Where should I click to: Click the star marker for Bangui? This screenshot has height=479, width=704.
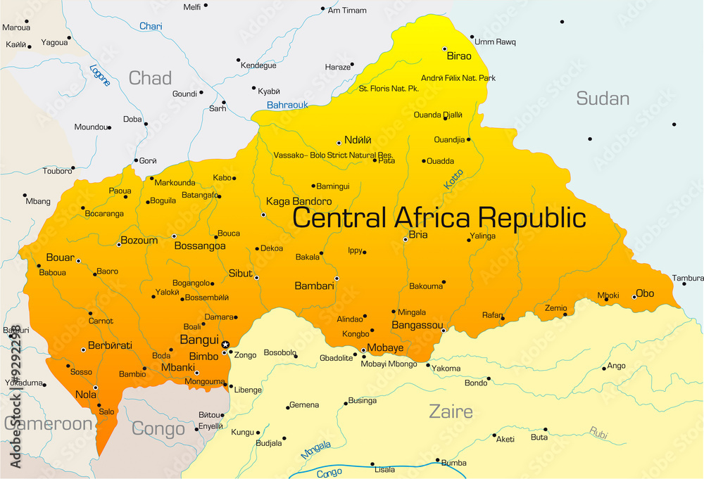(x=225, y=345)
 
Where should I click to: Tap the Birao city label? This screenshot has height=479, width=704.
(x=460, y=56)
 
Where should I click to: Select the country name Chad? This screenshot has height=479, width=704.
(x=150, y=78)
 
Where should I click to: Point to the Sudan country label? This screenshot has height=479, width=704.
(x=603, y=98)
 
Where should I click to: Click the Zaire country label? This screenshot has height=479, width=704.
(x=451, y=411)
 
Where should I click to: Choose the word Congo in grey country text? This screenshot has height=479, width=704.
(x=158, y=428)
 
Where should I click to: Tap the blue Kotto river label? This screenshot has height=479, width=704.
(x=453, y=179)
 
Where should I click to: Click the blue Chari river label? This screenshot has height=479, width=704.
(x=151, y=26)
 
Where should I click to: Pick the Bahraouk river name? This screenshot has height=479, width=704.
(x=287, y=105)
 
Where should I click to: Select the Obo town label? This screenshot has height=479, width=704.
(x=645, y=293)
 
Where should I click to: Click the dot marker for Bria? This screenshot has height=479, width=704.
(x=406, y=240)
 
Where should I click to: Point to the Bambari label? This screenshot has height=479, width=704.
(x=313, y=286)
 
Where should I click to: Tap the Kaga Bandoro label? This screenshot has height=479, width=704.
(x=298, y=201)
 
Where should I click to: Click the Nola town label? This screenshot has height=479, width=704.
(x=85, y=395)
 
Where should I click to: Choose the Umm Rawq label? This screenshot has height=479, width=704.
(x=494, y=41)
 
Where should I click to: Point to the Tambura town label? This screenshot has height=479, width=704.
(x=688, y=278)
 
